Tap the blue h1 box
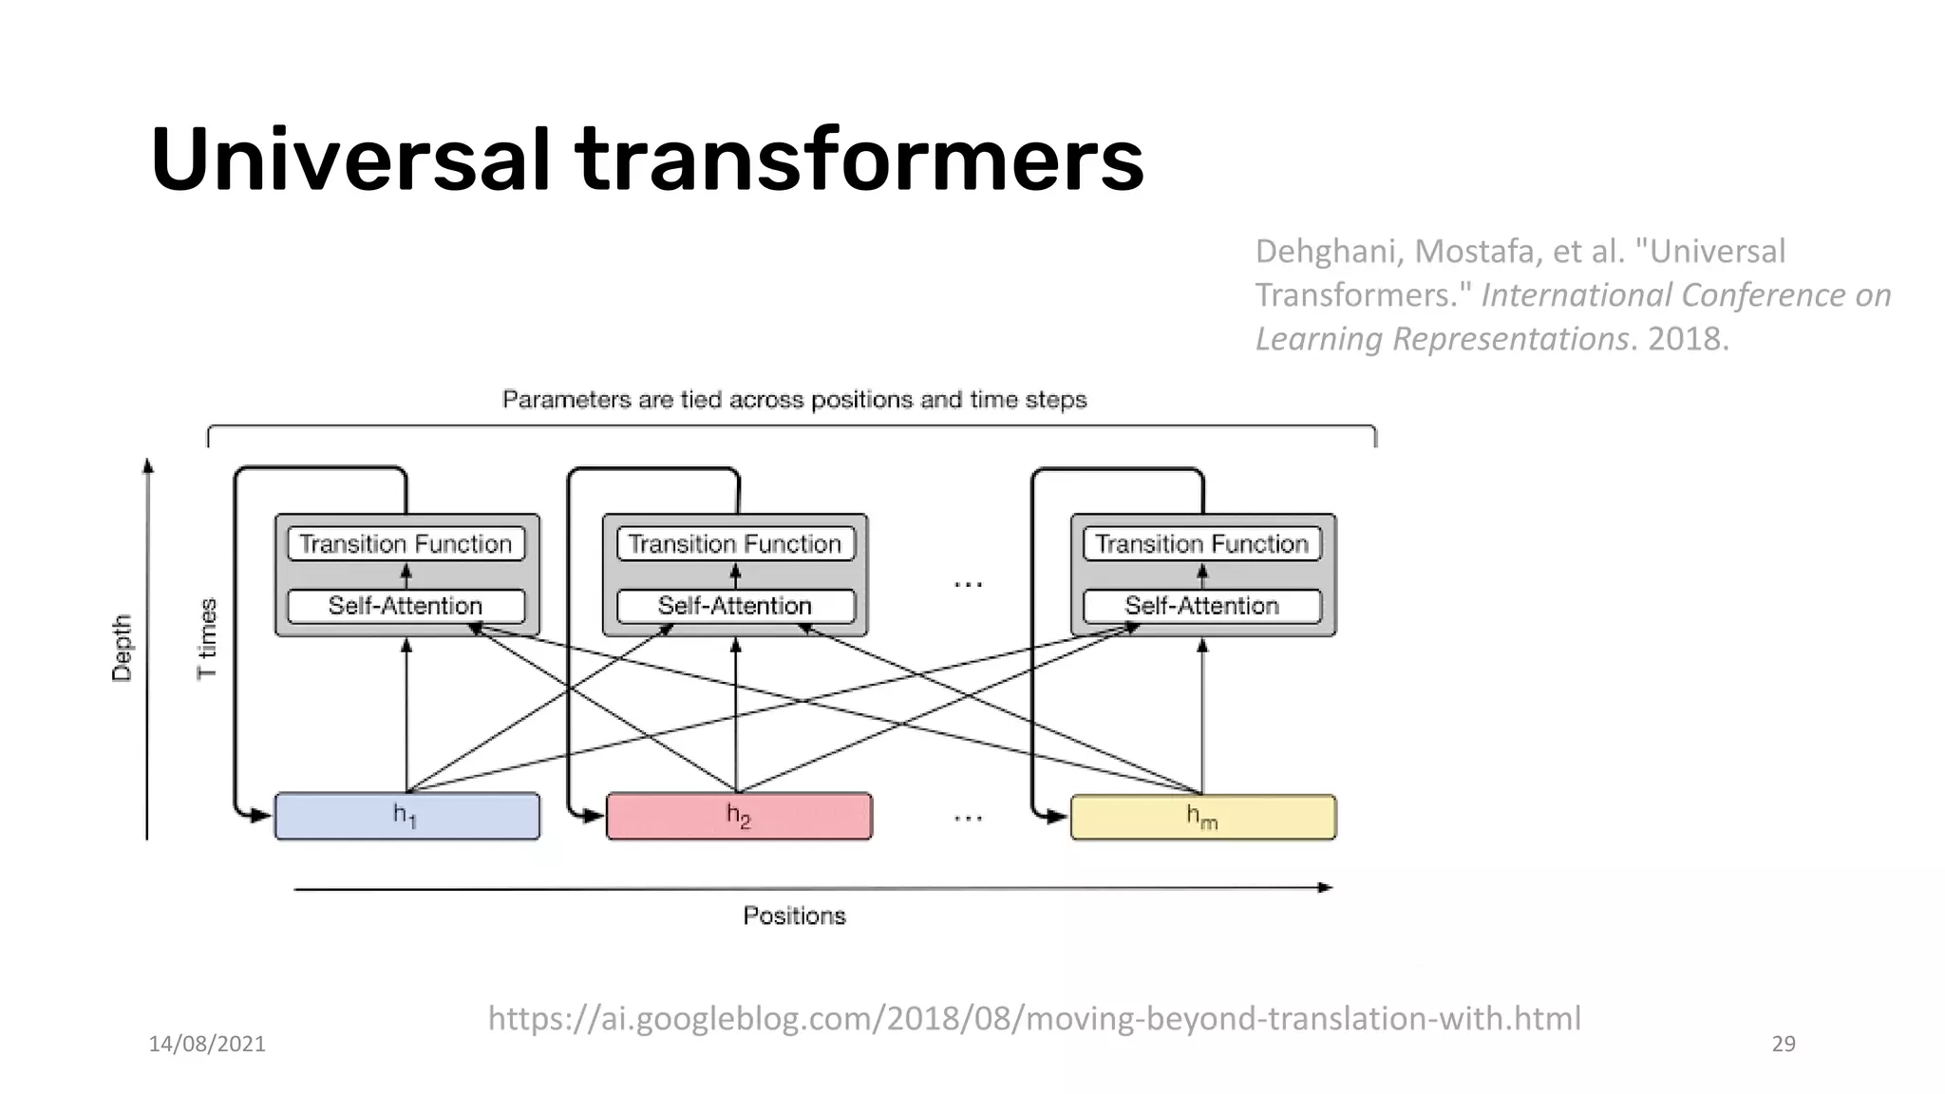[406, 817]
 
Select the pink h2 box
[739, 817]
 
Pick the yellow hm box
[1202, 817]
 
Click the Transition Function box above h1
[406, 544]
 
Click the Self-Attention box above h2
[735, 606]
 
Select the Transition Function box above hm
[1202, 544]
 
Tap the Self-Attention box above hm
[1202, 606]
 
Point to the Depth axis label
[122, 648]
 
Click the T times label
[207, 638]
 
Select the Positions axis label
[794, 916]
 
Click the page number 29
[1784, 1044]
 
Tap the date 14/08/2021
[207, 1044]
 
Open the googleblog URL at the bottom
[1033, 1018]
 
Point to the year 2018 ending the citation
[1685, 339]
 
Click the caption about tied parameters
[794, 400]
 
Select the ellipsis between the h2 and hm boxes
[968, 817]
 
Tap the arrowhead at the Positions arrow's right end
[1325, 888]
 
